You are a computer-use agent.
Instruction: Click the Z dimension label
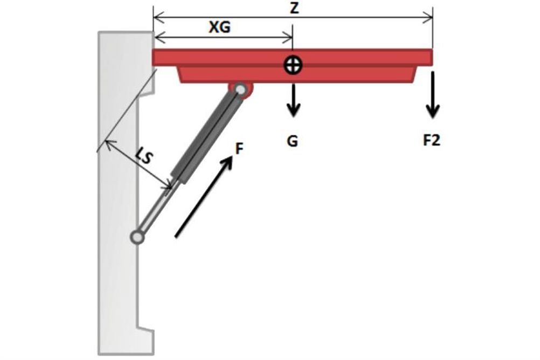[x=294, y=8]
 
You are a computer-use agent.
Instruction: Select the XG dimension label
[x=220, y=27]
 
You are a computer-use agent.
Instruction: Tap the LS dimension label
[x=143, y=156]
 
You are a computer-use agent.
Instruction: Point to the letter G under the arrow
[x=293, y=141]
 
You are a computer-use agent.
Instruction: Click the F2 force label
[x=432, y=140]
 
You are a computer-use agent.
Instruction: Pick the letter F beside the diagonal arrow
[x=239, y=149]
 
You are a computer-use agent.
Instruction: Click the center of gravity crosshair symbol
[x=293, y=65]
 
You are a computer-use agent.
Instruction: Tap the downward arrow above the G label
[x=293, y=100]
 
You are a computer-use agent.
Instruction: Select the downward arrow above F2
[x=433, y=95]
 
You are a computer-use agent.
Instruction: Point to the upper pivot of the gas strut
[x=241, y=89]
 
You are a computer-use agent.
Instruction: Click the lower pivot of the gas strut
[x=137, y=237]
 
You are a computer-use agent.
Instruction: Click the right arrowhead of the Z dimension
[x=429, y=17]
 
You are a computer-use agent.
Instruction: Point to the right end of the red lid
[x=432, y=57]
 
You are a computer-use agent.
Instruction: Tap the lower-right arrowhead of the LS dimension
[x=168, y=186]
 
